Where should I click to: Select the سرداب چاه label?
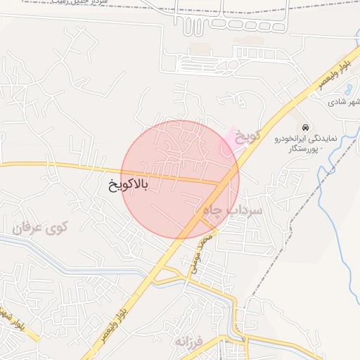pyautogui.click(x=232, y=210)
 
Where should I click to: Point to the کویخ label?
pyautogui.click(x=248, y=134)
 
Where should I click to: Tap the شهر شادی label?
pyautogui.click(x=343, y=102)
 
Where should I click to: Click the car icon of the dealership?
pyautogui.click(x=305, y=127)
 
